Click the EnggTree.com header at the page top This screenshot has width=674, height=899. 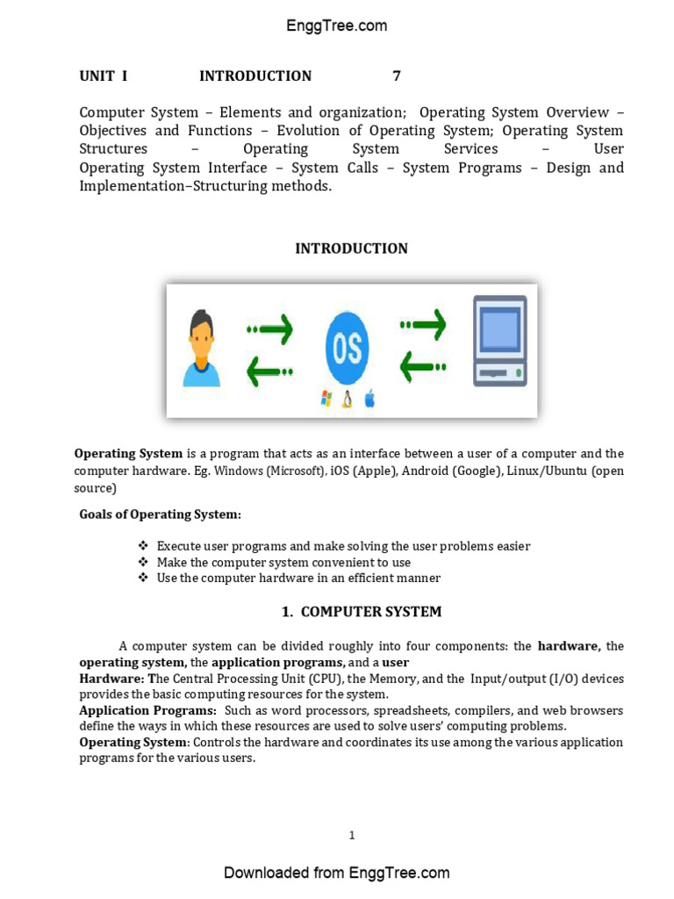336,25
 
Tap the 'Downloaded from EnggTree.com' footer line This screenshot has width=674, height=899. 336,872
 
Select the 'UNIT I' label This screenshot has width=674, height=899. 104,76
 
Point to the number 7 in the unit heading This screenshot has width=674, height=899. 397,76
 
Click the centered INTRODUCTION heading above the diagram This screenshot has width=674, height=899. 351,248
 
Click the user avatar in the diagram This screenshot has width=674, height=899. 202,349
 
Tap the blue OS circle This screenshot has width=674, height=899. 347,349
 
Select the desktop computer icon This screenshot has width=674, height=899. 500,341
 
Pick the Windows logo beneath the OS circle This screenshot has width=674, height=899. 326,399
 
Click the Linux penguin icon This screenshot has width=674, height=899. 348,399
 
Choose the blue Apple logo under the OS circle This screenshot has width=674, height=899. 369,399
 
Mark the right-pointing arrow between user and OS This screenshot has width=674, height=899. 270,330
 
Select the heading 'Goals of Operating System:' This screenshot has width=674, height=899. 160,514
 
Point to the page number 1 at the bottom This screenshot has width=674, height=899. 352,835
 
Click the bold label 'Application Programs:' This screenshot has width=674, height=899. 147,710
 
